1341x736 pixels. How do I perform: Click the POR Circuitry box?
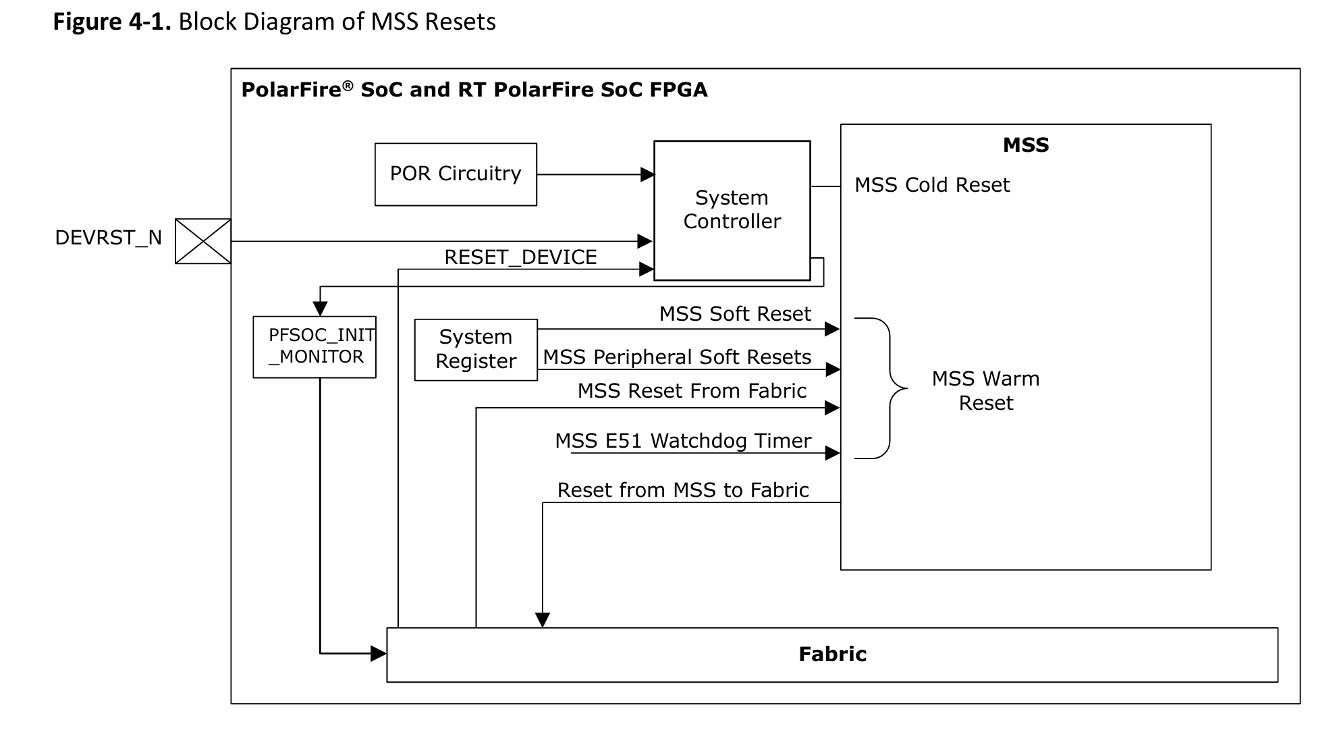pos(456,174)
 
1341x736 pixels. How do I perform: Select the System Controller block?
pos(732,210)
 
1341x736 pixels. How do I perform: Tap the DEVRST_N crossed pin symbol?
pos(203,241)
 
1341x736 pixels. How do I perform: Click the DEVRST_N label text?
pos(108,238)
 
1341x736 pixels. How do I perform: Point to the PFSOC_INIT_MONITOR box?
pos(314,347)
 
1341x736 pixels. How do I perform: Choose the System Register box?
pos(476,349)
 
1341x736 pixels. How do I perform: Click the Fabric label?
pos(832,654)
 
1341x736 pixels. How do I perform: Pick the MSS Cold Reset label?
pos(932,185)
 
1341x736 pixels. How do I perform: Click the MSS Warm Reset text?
pos(985,391)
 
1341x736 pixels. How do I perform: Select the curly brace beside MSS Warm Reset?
pos(884,388)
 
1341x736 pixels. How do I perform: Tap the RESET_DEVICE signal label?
pos(520,257)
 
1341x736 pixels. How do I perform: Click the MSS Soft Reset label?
pos(735,314)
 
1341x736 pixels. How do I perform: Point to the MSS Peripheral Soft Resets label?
pos(677,357)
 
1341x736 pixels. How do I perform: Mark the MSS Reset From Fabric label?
pos(692,391)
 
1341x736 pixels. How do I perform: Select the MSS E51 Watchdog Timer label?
pos(683,441)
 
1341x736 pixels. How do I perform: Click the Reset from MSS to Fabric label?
pos(683,490)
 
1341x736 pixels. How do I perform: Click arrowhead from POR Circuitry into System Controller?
pos(647,175)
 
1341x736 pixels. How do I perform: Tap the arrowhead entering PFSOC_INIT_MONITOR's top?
pos(321,309)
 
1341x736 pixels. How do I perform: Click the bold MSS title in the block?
pos(1026,145)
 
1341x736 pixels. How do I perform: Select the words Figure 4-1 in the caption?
pos(112,22)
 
